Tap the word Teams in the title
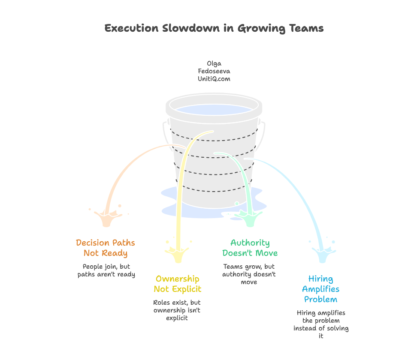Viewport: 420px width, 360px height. [305, 29]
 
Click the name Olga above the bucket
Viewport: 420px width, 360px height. [214, 64]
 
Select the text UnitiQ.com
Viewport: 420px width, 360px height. [214, 79]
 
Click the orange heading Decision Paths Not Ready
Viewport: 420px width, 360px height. [106, 248]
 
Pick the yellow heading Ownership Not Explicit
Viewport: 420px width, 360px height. [177, 284]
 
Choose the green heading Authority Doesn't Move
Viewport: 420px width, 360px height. [250, 248]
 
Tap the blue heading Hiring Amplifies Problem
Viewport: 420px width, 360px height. [320, 289]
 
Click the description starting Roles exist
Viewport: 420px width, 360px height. [177, 310]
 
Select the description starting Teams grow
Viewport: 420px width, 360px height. [249, 274]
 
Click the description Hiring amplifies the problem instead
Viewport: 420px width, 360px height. [321, 324]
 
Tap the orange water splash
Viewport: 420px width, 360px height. [106, 217]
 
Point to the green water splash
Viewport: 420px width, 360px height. [249, 219]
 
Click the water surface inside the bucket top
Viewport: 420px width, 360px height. [214, 109]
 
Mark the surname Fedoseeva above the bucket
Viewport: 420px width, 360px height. [214, 71]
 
